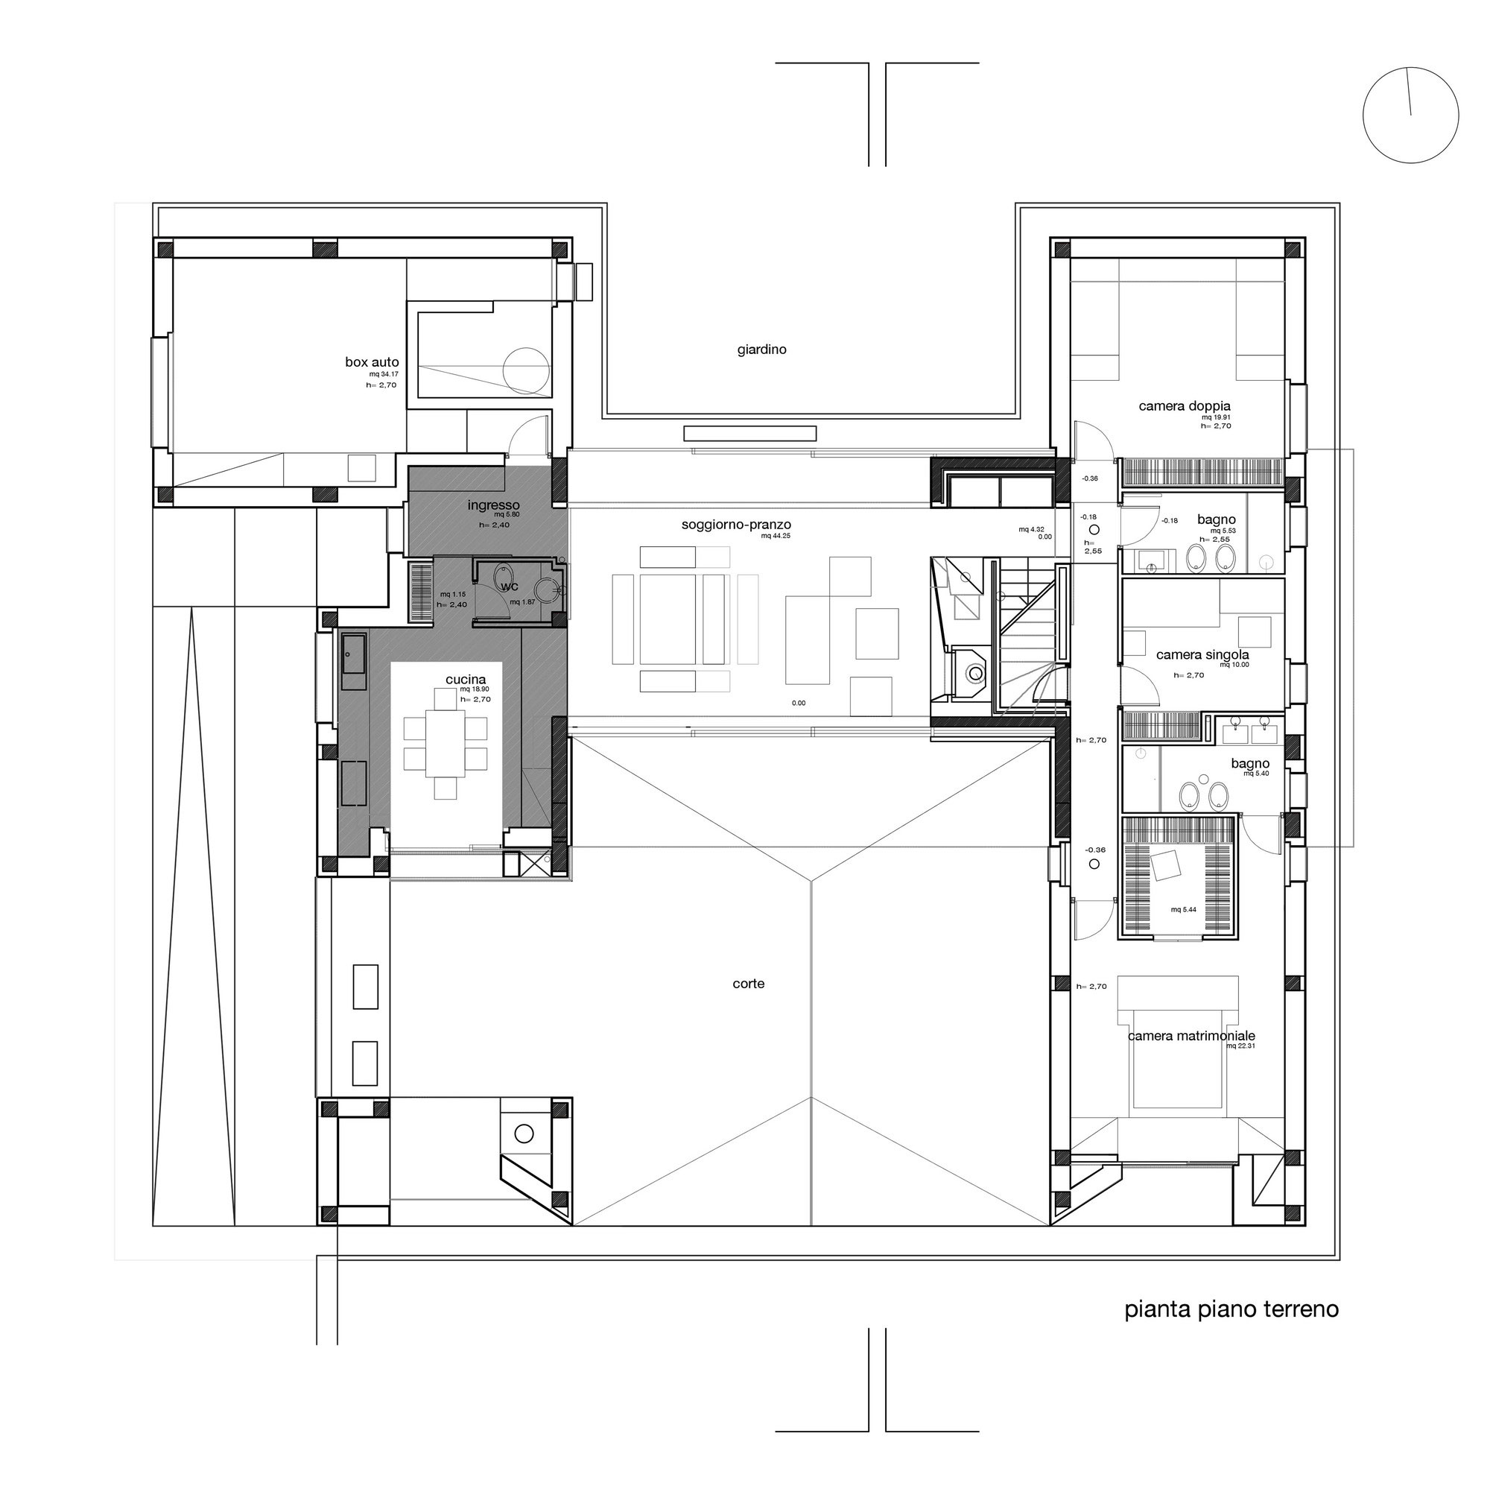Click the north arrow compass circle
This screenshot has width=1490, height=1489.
[1410, 115]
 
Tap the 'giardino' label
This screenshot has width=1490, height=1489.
[761, 350]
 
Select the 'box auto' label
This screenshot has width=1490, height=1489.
[372, 362]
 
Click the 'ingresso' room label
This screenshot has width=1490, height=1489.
[494, 505]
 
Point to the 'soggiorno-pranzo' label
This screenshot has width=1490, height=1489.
[736, 525]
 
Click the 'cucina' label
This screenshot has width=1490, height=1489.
[466, 680]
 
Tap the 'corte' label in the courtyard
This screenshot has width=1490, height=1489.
[748, 984]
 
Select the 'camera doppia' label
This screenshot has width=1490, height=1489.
[1185, 406]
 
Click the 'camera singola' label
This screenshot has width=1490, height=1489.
[1202, 655]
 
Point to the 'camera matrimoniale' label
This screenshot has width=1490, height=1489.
[1191, 1036]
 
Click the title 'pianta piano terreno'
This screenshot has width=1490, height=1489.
[1231, 1309]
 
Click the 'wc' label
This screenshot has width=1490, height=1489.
[510, 587]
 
